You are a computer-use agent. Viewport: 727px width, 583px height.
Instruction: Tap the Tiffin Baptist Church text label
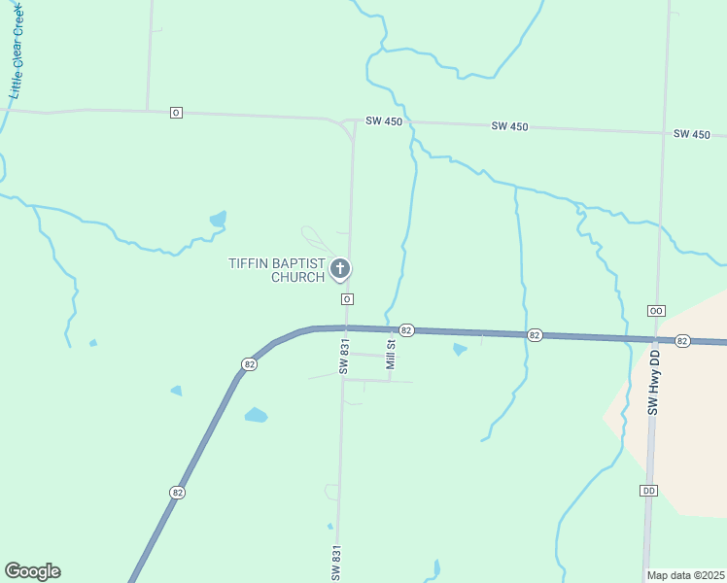tap(276, 270)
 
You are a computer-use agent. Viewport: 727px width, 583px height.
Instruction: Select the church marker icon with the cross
tap(340, 269)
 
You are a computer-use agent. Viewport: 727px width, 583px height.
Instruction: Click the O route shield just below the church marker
tap(346, 299)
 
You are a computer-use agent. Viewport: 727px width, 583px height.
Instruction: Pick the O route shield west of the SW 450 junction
tap(176, 113)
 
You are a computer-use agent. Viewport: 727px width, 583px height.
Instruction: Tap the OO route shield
tap(656, 310)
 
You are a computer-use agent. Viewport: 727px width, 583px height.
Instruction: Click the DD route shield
tap(649, 491)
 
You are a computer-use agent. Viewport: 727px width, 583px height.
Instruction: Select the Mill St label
tap(391, 354)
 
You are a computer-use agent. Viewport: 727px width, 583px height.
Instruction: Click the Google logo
tap(32, 571)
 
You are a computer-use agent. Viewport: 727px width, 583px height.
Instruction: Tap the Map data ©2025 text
tap(686, 575)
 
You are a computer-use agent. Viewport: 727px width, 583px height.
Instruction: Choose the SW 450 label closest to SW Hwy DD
tap(692, 133)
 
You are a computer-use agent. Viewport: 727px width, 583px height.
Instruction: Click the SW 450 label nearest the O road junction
tap(384, 121)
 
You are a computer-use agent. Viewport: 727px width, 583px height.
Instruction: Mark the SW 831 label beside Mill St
tap(343, 357)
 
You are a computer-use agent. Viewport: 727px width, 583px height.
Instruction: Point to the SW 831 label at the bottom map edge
tap(336, 563)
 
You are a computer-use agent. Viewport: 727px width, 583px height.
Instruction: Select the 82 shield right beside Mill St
tap(407, 330)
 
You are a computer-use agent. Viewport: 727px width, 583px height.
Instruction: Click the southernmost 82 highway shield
tap(177, 493)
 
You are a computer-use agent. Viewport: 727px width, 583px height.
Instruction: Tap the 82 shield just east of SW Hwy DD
tap(682, 341)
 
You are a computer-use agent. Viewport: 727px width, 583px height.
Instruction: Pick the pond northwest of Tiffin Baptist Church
tap(219, 218)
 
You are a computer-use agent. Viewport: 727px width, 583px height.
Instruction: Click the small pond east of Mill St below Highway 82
tap(460, 349)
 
